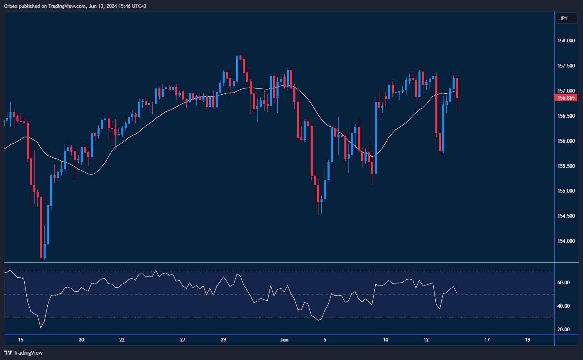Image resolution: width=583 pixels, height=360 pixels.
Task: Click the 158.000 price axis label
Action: [566, 41]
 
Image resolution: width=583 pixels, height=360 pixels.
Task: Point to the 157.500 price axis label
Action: [566, 66]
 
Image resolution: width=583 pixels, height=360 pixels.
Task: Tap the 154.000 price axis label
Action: [566, 241]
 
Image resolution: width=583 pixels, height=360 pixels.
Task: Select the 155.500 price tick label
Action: [566, 166]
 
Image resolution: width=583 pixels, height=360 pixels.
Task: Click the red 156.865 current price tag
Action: [566, 98]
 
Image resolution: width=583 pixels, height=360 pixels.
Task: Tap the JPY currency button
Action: [563, 18]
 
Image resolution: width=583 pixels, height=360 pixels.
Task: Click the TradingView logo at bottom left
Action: [23, 353]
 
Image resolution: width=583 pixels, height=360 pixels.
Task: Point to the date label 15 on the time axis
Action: [21, 340]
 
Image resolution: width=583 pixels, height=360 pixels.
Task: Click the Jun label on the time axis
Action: [284, 340]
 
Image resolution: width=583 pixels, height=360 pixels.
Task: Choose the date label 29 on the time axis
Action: [223, 340]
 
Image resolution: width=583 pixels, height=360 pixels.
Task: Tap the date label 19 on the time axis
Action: [527, 340]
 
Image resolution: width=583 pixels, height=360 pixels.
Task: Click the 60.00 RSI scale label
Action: [563, 283]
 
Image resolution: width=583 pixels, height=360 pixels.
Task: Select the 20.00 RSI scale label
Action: [563, 330]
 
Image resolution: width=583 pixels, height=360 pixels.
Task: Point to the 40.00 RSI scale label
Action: [563, 306]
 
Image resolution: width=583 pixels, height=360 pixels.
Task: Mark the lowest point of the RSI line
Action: [41, 328]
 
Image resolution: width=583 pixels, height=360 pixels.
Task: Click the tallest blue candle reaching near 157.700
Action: [237, 69]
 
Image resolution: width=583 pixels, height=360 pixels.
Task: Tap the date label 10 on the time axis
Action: [386, 340]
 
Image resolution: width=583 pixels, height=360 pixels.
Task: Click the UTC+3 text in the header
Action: [139, 6]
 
